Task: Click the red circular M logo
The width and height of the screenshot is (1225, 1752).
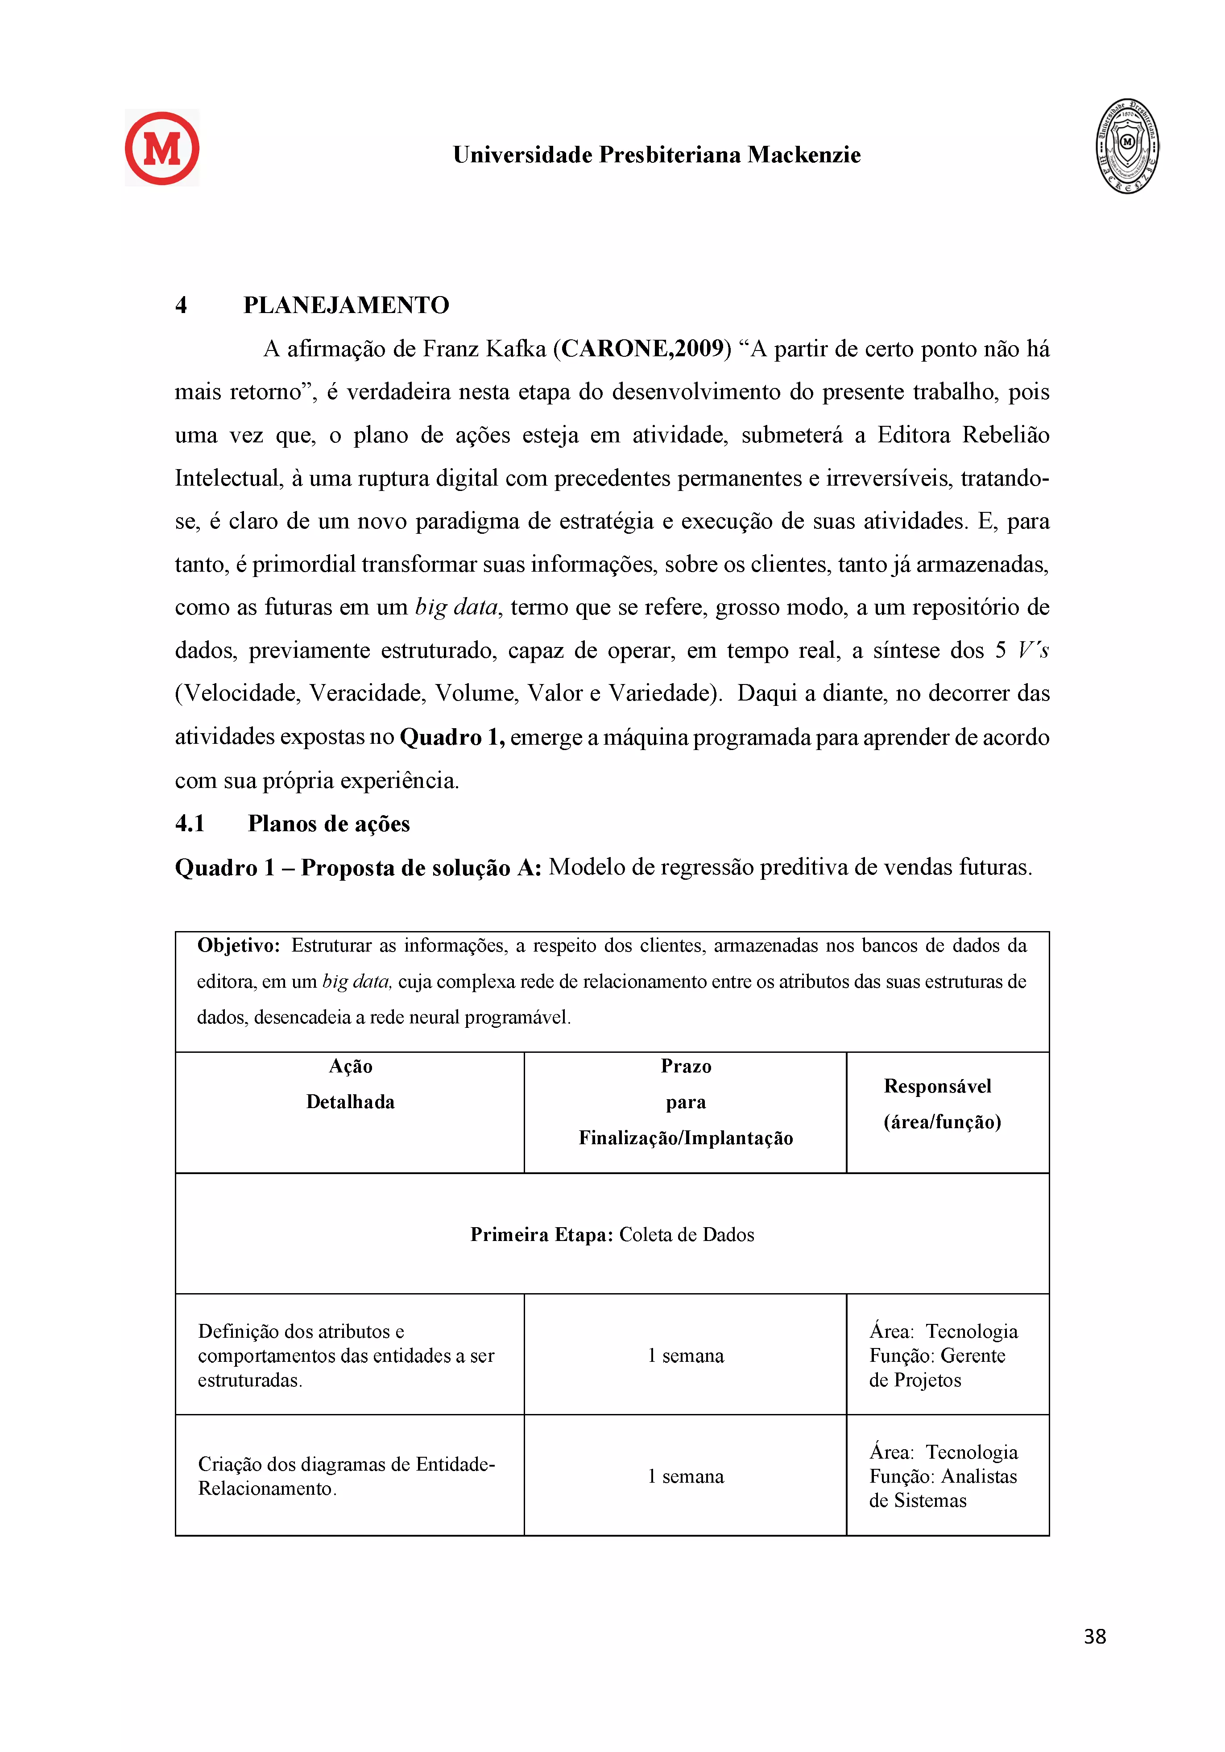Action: (162, 148)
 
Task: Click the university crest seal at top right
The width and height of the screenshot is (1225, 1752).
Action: (1127, 146)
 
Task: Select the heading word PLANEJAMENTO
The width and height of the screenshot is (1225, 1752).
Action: (346, 305)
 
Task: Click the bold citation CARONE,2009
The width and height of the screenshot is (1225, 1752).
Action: (642, 349)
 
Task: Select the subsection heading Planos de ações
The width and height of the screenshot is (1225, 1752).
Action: (329, 823)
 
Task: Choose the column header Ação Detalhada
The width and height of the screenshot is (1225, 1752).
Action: (350, 1084)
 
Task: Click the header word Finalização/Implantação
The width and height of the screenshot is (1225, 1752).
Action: (685, 1138)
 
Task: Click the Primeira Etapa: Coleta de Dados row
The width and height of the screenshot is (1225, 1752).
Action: (612, 1235)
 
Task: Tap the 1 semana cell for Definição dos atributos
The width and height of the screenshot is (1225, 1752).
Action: (685, 1356)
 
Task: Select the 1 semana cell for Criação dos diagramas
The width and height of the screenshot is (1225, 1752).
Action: (685, 1476)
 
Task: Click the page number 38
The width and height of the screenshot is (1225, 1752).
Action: (1094, 1637)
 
